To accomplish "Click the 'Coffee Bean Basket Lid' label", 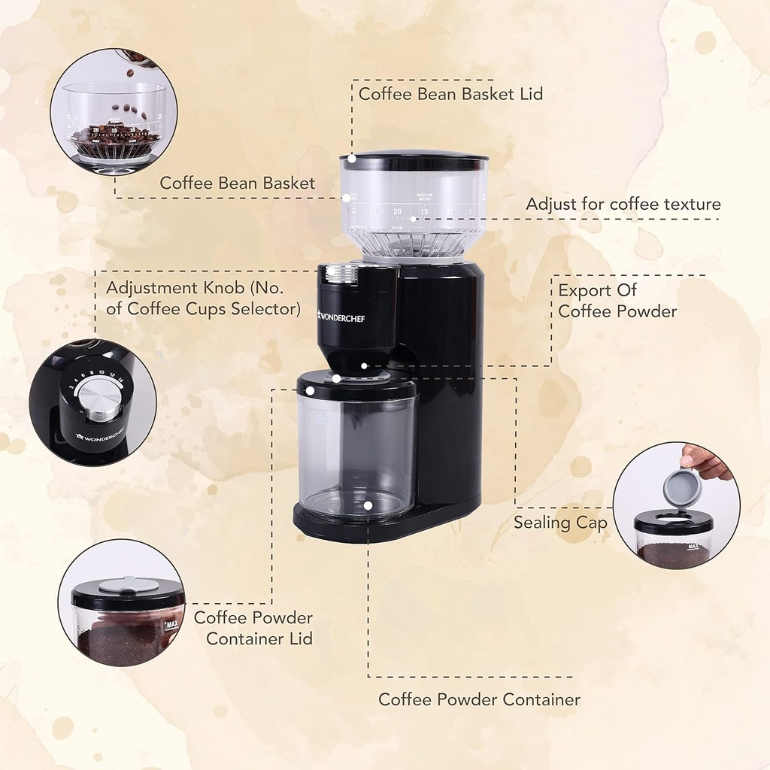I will point(450,94).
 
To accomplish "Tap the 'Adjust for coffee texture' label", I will point(623,204).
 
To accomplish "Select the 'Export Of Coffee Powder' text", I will point(617,301).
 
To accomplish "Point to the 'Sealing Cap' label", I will point(560,522).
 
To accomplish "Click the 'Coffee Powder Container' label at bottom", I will point(479,699).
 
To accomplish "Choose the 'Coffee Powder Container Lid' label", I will point(253,628).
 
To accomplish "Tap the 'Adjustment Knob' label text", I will point(203,298).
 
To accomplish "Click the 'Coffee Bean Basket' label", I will point(238,183).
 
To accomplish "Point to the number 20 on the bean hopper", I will point(396,212).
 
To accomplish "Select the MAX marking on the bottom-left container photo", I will point(171,625).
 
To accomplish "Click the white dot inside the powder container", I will point(368,505).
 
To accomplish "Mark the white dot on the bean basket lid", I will point(351,159).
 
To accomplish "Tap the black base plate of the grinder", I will point(376,526).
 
